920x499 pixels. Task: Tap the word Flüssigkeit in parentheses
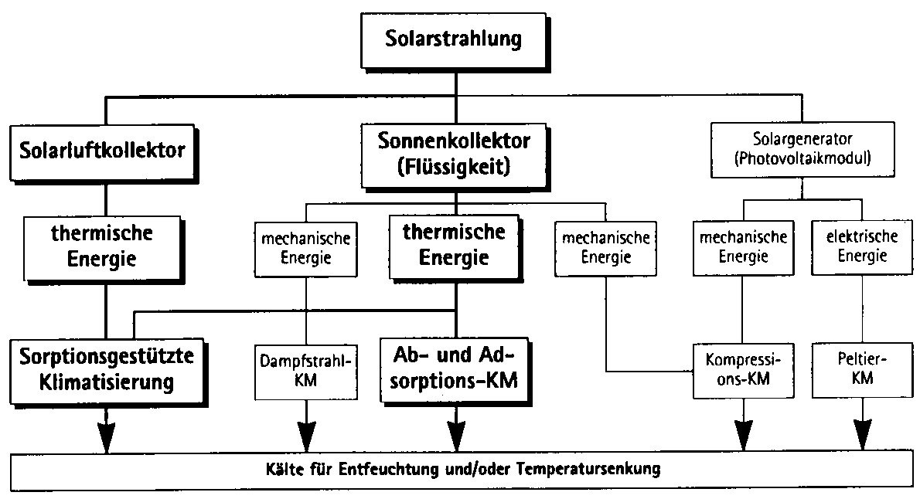(454, 165)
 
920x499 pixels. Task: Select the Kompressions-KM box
(742, 370)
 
